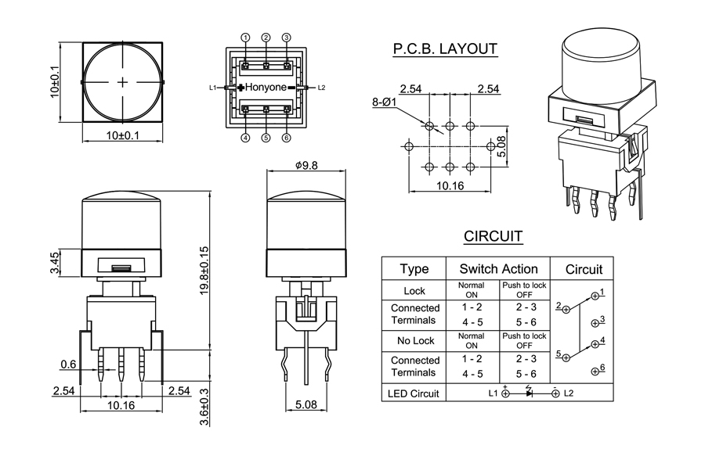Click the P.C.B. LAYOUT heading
pyautogui.click(x=444, y=50)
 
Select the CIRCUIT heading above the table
pyautogui.click(x=493, y=236)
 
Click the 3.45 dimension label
pyautogui.click(x=54, y=263)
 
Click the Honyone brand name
pyautogui.click(x=266, y=88)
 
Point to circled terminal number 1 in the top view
pyautogui.click(x=245, y=38)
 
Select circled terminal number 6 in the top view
pyautogui.click(x=287, y=138)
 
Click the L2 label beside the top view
pyautogui.click(x=321, y=88)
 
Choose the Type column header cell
pyautogui.click(x=414, y=269)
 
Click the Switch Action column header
pyautogui.click(x=498, y=269)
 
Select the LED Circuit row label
pyautogui.click(x=414, y=393)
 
